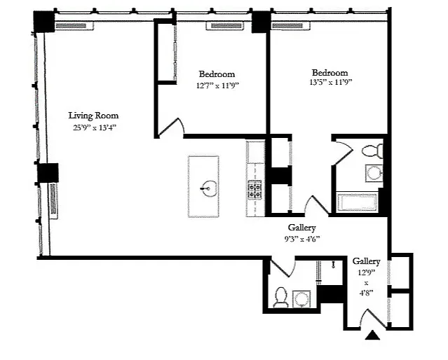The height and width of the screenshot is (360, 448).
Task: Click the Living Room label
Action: coord(93,116)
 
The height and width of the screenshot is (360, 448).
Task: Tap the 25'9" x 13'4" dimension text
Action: coord(95,127)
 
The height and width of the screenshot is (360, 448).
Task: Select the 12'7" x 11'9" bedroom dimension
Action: coord(217,85)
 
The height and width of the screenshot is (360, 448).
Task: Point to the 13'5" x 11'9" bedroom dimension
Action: coord(330,82)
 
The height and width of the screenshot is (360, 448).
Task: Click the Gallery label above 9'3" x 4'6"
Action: coord(301,228)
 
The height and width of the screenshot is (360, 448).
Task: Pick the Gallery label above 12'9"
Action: coord(366,261)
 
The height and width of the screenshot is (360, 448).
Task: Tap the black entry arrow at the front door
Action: coord(372,335)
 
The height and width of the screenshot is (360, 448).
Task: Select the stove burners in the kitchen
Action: coord(254,190)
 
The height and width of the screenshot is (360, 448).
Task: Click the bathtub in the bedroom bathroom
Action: coord(357,202)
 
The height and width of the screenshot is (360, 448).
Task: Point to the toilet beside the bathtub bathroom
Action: coord(372,151)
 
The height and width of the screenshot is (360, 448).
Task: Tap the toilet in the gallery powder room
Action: coord(280,298)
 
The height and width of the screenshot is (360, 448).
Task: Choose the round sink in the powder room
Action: coord(301,299)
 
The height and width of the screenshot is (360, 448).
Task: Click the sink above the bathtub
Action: coord(374,173)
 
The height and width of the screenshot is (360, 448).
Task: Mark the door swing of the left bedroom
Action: coord(172,127)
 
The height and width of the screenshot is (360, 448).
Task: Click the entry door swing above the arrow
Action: coord(372,318)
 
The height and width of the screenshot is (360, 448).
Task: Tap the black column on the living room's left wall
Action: coord(48,173)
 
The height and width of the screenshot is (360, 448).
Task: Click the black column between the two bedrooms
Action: coord(261,22)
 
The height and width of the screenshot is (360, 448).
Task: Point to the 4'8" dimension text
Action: coord(366,293)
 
